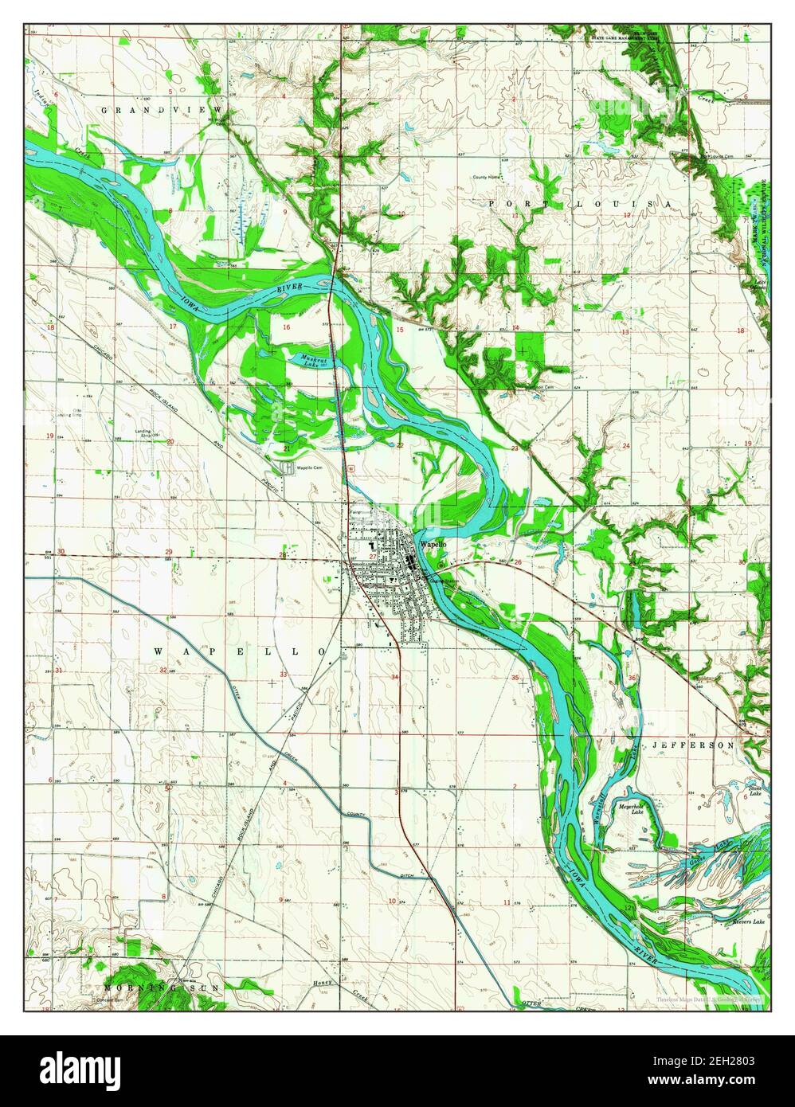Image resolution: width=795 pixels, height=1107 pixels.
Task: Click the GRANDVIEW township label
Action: tap(163, 107)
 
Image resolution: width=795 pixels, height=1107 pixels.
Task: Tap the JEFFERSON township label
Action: tap(692, 745)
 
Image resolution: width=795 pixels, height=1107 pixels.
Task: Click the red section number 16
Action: tap(286, 327)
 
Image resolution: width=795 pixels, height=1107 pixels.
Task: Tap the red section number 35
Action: tap(515, 678)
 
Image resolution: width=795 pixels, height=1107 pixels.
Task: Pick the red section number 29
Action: tap(168, 552)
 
